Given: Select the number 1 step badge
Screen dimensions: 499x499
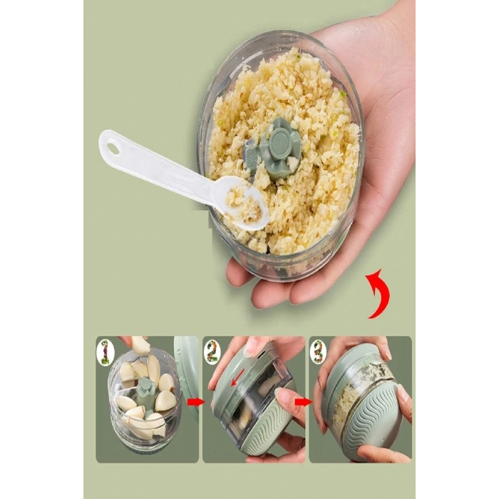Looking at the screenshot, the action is point(105,352).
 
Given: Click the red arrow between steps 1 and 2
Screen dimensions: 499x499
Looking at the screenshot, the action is point(195,402).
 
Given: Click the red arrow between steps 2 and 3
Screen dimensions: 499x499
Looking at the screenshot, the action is point(303,402).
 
